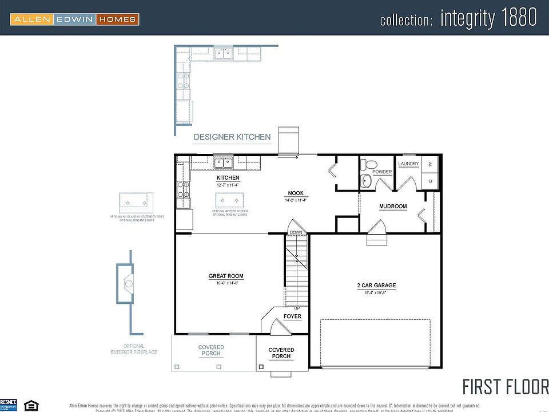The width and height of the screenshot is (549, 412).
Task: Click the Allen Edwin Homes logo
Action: pyautogui.click(x=75, y=19)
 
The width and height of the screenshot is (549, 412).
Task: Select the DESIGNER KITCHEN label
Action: pyautogui.click(x=232, y=137)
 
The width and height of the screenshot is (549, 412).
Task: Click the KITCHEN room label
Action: pyautogui.click(x=228, y=178)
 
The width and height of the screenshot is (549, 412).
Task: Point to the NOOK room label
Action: pyautogui.click(x=296, y=193)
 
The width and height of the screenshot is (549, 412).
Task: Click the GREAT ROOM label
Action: pyautogui.click(x=226, y=276)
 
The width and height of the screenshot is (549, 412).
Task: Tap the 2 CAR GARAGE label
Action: pyautogui.click(x=376, y=286)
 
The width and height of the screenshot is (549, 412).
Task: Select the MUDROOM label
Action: pyautogui.click(x=393, y=207)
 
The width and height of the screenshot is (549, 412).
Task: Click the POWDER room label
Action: pyautogui.click(x=381, y=172)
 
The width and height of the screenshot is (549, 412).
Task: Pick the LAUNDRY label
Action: pyautogui.click(x=409, y=164)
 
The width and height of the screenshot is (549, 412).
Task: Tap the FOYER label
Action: pyautogui.click(x=292, y=316)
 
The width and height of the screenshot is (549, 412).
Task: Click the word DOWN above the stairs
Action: pyautogui.click(x=296, y=232)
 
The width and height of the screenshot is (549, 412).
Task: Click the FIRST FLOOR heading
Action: pyautogui.click(x=505, y=386)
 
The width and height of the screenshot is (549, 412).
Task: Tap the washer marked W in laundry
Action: pyautogui.click(x=431, y=164)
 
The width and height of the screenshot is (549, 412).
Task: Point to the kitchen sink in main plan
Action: pyautogui.click(x=223, y=163)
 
